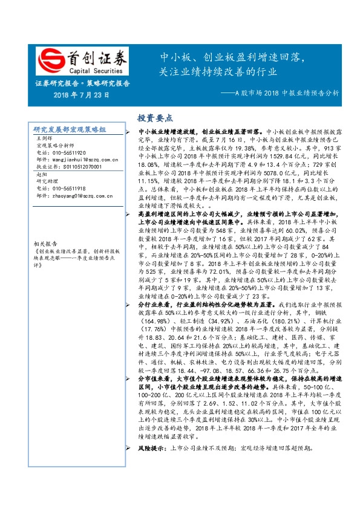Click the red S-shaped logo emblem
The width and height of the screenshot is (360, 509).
point(51,60)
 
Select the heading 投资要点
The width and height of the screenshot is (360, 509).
point(155,118)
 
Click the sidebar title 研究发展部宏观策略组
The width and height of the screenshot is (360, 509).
point(70,130)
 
